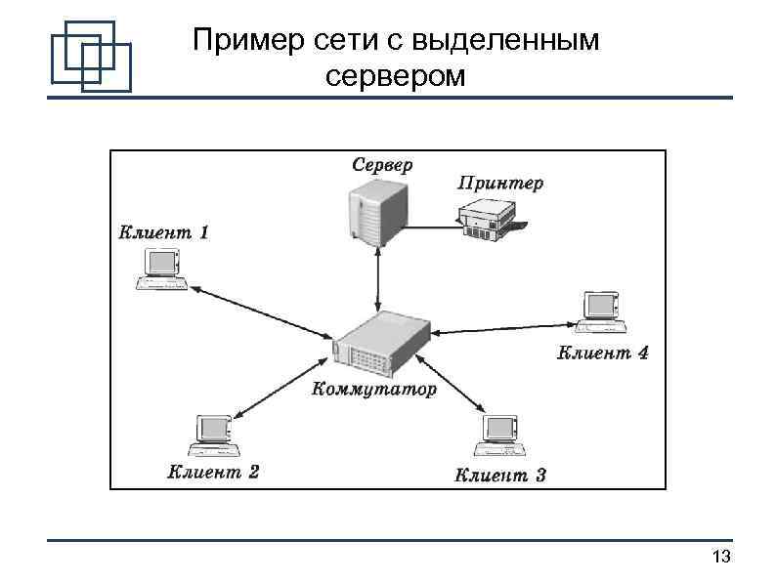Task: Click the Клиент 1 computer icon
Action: pyautogui.click(x=161, y=269)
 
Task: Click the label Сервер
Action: pyautogui.click(x=382, y=164)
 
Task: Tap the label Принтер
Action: pyautogui.click(x=500, y=182)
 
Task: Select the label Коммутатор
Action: pyautogui.click(x=374, y=390)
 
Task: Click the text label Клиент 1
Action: pyautogui.click(x=163, y=232)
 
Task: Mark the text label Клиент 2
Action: pyautogui.click(x=213, y=473)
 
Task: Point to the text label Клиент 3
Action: pyautogui.click(x=500, y=476)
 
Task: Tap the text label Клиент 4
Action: pyautogui.click(x=602, y=353)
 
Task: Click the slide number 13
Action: pyautogui.click(x=722, y=558)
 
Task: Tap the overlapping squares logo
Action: pyautogui.click(x=91, y=56)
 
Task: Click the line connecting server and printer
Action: pyautogui.click(x=430, y=226)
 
